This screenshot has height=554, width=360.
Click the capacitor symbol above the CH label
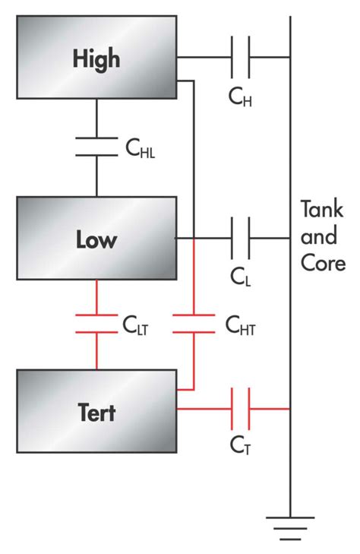click(241, 57)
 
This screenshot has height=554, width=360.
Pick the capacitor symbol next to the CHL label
click(96, 147)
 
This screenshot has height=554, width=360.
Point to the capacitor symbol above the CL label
click(241, 238)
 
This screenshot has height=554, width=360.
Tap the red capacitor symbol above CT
click(241, 410)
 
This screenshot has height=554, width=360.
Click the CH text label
click(240, 97)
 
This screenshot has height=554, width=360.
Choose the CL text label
click(239, 277)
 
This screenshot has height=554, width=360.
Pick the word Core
click(324, 264)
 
